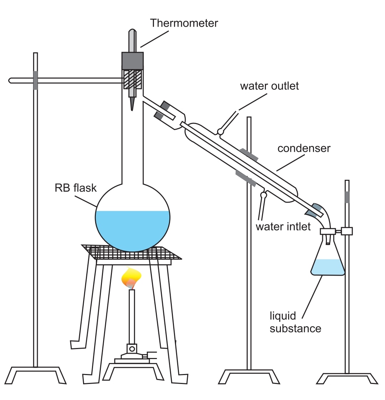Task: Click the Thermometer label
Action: pyautogui.click(x=184, y=24)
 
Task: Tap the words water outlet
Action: pyautogui.click(x=269, y=86)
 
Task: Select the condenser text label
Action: pyautogui.click(x=304, y=148)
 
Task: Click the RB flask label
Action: pyautogui.click(x=76, y=188)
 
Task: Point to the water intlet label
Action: pyautogui.click(x=283, y=226)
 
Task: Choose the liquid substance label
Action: pyautogui.click(x=295, y=322)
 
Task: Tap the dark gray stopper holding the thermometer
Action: pyautogui.click(x=133, y=61)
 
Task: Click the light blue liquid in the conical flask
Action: pyautogui.click(x=328, y=267)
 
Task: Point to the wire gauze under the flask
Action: pyautogui.click(x=132, y=253)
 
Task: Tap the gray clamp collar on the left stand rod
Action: pyautogui.click(x=35, y=80)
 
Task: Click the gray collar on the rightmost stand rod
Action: pyautogui.click(x=347, y=197)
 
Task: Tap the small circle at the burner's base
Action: pyautogui.click(x=132, y=348)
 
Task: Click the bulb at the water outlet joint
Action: pyautogui.click(x=221, y=132)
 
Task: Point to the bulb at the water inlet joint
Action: pyautogui.click(x=264, y=194)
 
